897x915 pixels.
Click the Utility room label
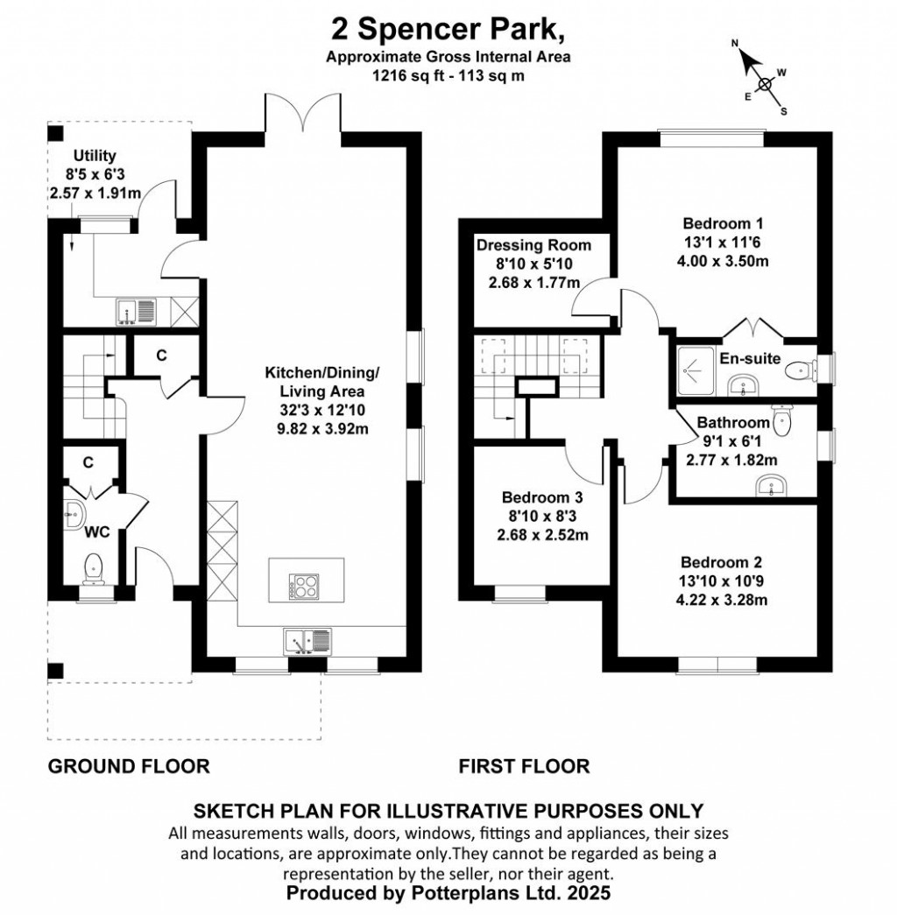click(x=95, y=156)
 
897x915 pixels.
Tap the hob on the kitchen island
click(x=304, y=587)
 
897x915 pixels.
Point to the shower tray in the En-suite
click(x=696, y=370)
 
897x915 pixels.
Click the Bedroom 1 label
click(x=723, y=223)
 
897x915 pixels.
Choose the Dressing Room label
click(x=533, y=245)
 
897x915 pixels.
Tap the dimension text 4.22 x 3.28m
click(x=722, y=600)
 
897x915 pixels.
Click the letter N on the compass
click(x=735, y=43)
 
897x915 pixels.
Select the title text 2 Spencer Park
click(x=448, y=30)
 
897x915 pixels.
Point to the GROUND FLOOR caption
click(x=129, y=766)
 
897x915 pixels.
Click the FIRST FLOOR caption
click(x=524, y=766)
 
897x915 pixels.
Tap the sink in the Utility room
click(x=136, y=312)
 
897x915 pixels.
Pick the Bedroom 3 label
click(x=542, y=497)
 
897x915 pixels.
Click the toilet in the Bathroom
click(x=780, y=419)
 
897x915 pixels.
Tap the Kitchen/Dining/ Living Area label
click(x=322, y=382)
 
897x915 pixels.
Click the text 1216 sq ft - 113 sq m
click(x=448, y=76)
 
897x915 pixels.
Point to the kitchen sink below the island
click(x=307, y=641)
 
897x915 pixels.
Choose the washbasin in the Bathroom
click(x=772, y=485)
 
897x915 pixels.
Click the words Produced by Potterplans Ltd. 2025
click(x=448, y=893)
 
